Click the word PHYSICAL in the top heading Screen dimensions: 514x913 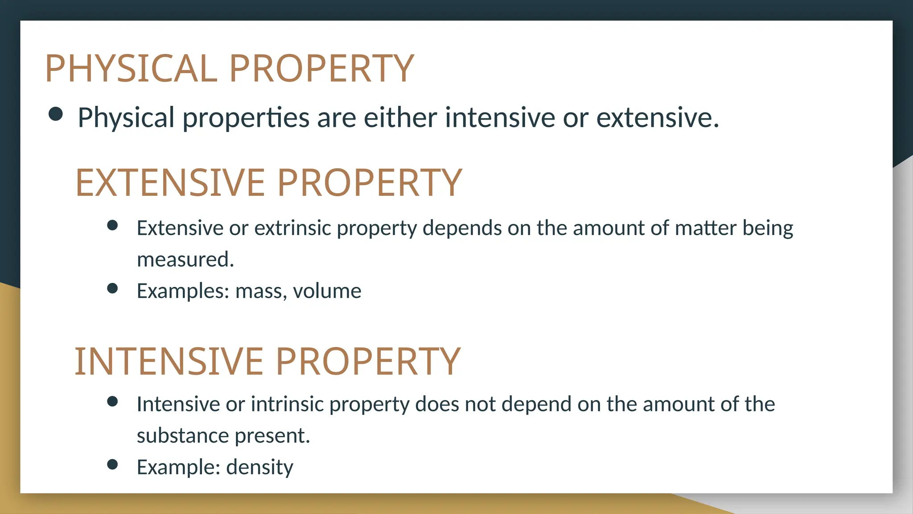[131, 68]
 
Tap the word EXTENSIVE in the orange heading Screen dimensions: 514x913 [170, 182]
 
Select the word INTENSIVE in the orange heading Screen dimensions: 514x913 [169, 361]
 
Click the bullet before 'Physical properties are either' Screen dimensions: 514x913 [56, 114]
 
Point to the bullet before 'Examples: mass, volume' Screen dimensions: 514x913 [112, 288]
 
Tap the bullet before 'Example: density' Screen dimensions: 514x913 [112, 464]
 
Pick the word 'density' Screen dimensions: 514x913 [259, 467]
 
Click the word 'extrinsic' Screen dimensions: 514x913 [292, 228]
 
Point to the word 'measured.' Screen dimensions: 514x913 [185, 260]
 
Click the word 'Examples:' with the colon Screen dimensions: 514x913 [183, 291]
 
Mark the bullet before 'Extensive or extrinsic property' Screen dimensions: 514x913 [112, 225]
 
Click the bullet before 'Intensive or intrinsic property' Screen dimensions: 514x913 [112, 402]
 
